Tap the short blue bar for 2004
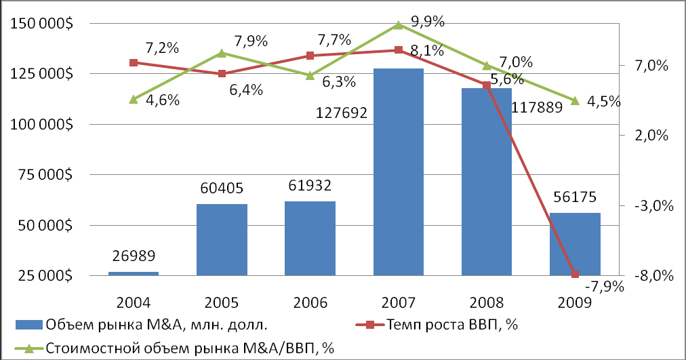click(x=134, y=274)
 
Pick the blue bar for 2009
click(x=575, y=244)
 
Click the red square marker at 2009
click(x=576, y=275)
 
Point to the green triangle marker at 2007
click(x=399, y=25)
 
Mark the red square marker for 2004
click(x=134, y=62)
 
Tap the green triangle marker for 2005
click(x=222, y=53)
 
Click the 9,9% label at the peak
click(x=428, y=21)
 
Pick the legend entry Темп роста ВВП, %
click(x=454, y=325)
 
